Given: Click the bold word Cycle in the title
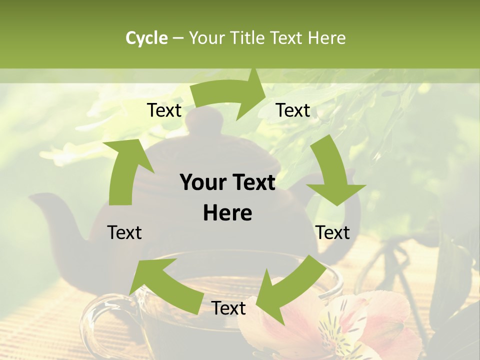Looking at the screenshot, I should coord(146,38).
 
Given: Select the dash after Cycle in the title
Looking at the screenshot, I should coord(178,38).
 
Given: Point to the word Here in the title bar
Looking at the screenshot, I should coord(326,38).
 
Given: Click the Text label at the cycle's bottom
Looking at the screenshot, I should coord(228,308).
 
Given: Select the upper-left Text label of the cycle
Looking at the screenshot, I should coord(164,110).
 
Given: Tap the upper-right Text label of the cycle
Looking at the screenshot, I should coord(293,110).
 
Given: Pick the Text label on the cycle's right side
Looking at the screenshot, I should coord(332,232).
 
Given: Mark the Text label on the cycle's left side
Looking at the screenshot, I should coord(124,232).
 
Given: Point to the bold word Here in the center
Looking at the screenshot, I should coord(227,213).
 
